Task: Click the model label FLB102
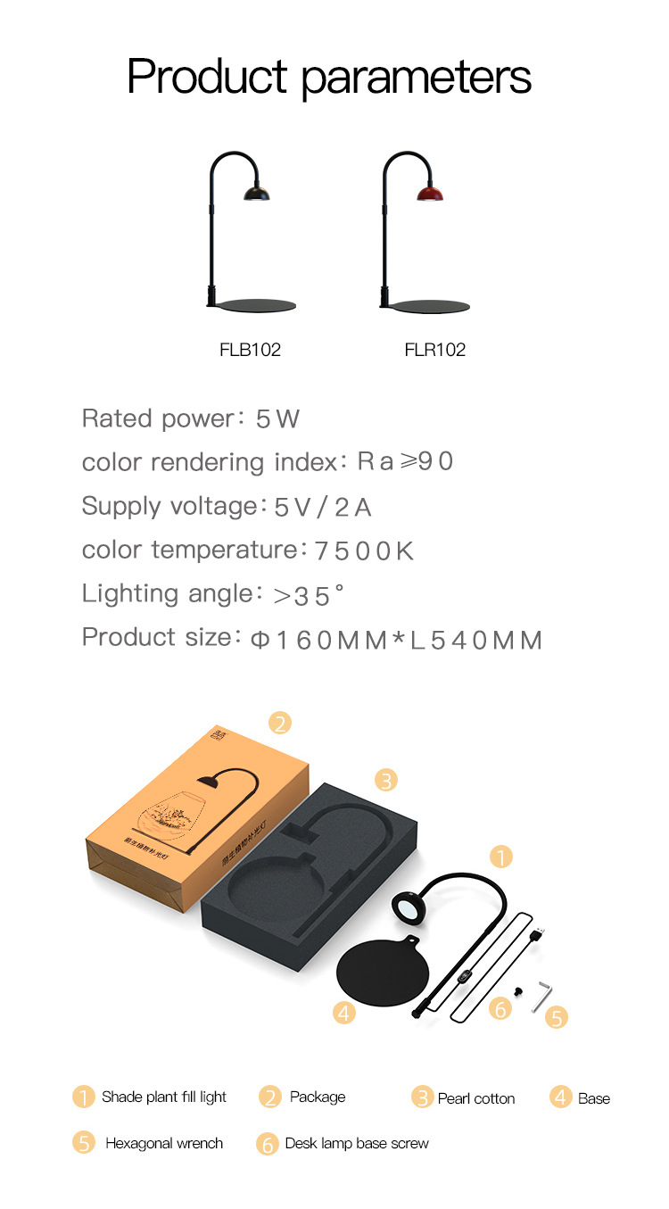pyautogui.click(x=250, y=350)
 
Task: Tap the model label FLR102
pyautogui.click(x=435, y=350)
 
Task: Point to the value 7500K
pyautogui.click(x=364, y=551)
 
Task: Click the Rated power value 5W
pyautogui.click(x=277, y=418)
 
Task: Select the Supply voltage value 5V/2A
pyautogui.click(x=323, y=508)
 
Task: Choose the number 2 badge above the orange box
pyautogui.click(x=280, y=723)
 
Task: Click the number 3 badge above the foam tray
pyautogui.click(x=385, y=780)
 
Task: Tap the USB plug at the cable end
pyautogui.click(x=537, y=934)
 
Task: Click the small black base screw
pyautogui.click(x=517, y=992)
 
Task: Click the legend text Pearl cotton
pyautogui.click(x=476, y=1098)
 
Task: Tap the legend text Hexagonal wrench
pyautogui.click(x=164, y=1143)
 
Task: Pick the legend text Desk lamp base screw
pyautogui.click(x=357, y=1143)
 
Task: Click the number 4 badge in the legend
pyautogui.click(x=560, y=1097)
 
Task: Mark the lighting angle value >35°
pyautogui.click(x=309, y=595)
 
